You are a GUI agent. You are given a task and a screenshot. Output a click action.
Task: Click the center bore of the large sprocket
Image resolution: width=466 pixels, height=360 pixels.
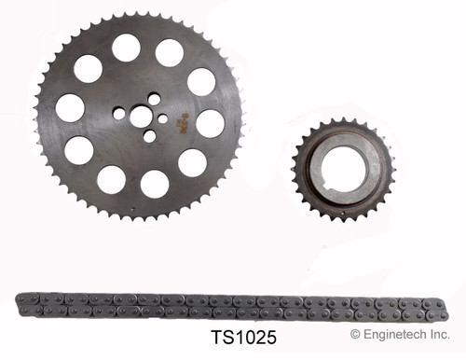[x=141, y=116]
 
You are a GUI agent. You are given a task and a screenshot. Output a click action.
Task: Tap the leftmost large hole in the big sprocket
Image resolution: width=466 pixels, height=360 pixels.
[x=70, y=108]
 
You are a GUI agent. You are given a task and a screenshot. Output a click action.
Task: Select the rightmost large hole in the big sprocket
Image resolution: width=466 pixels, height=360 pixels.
[x=211, y=123]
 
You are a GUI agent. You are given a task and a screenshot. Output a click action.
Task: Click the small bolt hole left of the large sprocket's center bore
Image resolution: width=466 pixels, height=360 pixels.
[x=119, y=113]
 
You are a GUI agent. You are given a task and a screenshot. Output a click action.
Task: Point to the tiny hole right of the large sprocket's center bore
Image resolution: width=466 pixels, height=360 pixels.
[x=163, y=118]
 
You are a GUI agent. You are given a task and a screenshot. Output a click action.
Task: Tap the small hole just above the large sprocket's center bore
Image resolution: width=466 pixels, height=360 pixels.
[x=154, y=99]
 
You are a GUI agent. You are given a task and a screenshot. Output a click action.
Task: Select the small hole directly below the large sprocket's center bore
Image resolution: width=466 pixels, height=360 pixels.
[x=149, y=136]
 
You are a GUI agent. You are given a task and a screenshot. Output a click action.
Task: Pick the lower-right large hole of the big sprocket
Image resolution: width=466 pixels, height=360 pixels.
[x=192, y=163]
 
